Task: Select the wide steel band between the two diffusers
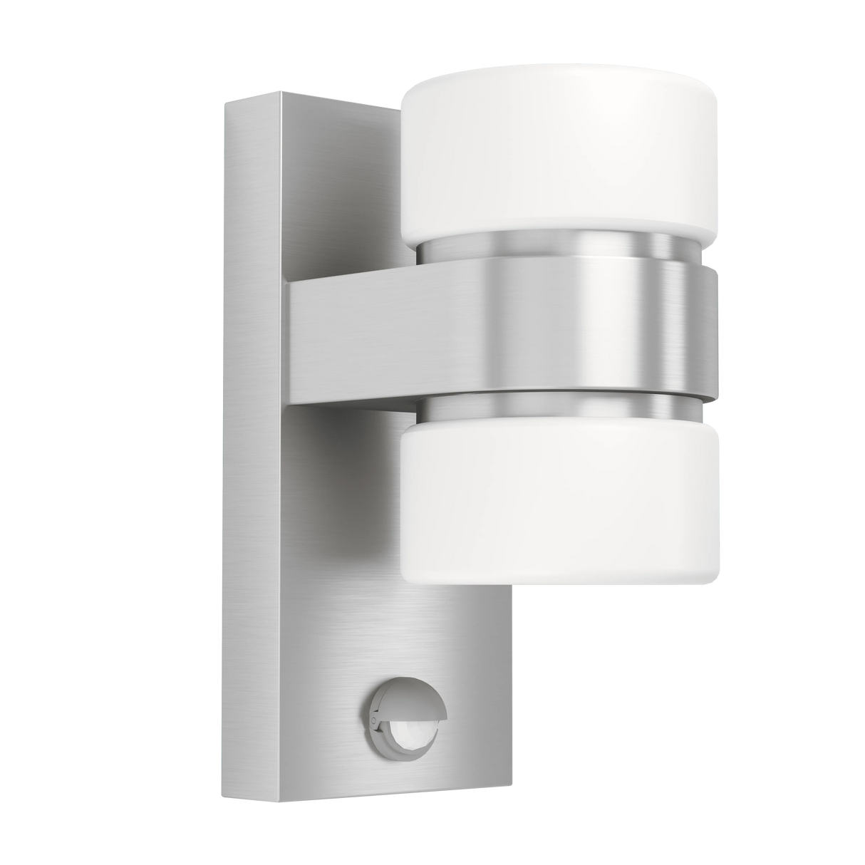pos(570,328)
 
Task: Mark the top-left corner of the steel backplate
pos(223,102)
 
